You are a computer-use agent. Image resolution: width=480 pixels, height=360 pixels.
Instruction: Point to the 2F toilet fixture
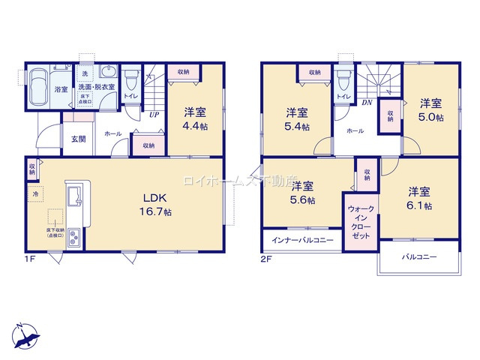tap(344, 79)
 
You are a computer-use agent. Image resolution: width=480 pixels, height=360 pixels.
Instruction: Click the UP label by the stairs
tap(154, 115)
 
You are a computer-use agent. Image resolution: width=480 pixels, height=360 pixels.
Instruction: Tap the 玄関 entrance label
tap(78, 139)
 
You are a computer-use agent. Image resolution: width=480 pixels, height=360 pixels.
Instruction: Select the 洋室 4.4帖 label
tap(195, 119)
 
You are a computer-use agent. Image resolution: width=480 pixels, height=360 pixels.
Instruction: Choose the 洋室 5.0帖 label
tap(430, 109)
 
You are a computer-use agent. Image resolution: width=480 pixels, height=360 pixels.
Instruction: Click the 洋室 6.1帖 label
tap(419, 197)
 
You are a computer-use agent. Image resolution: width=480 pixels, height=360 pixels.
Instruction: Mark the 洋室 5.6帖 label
tap(302, 193)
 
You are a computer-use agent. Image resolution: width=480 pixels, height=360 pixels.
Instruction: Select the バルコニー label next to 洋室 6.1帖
tap(418, 257)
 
